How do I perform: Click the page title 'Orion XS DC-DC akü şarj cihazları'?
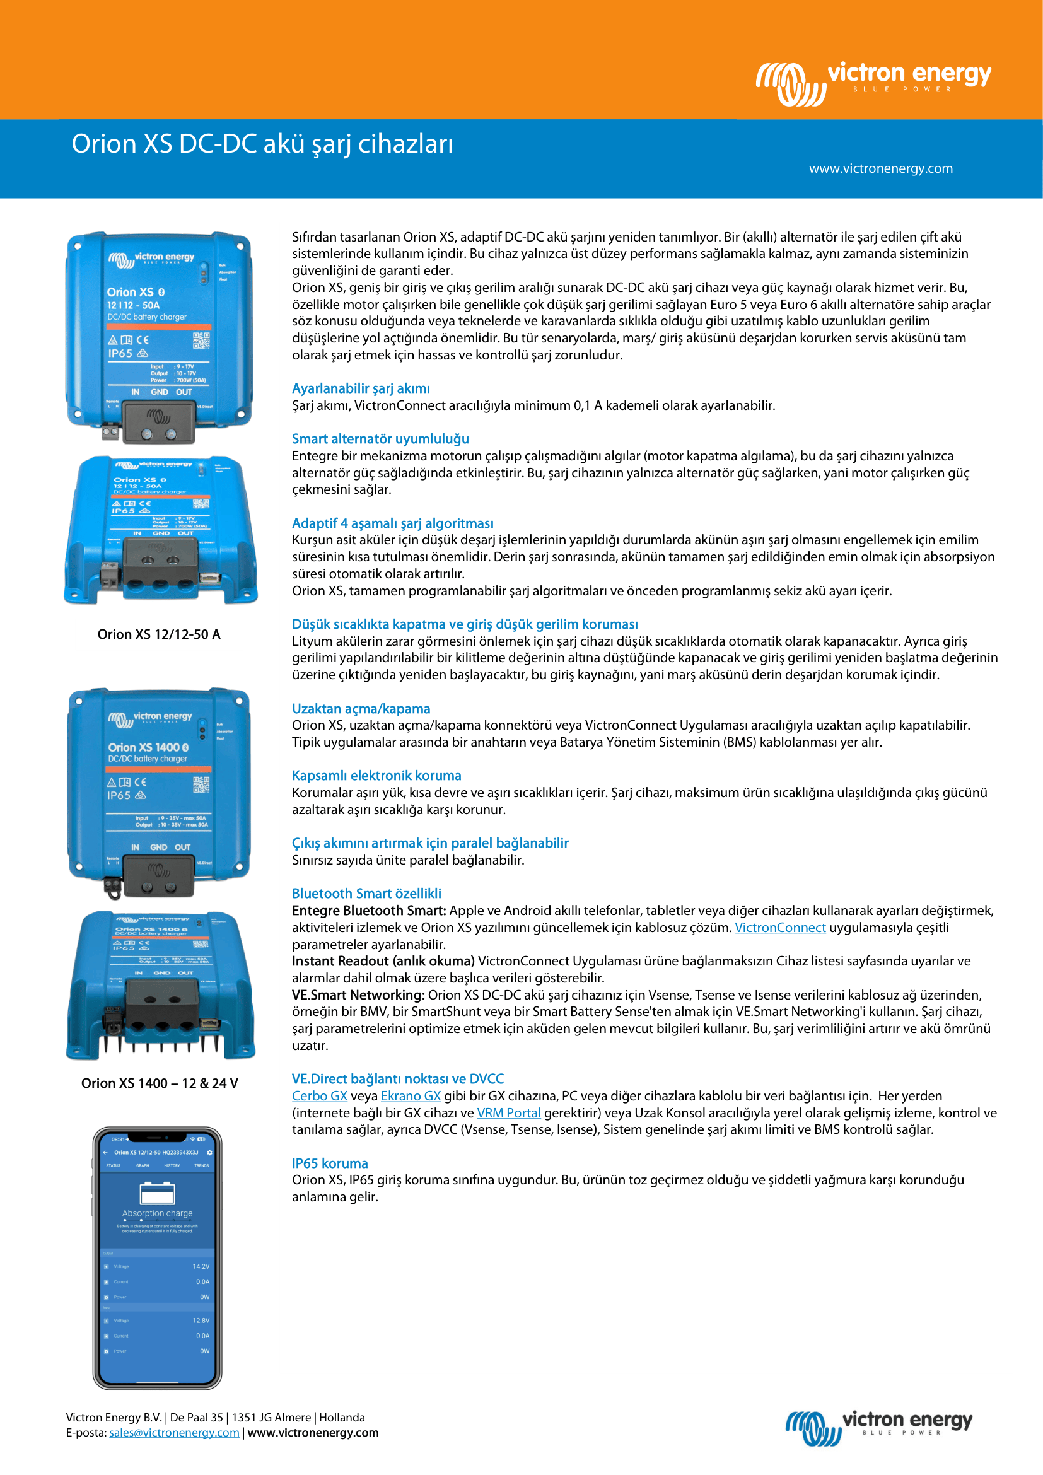pos(262,144)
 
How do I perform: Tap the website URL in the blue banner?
pos(880,168)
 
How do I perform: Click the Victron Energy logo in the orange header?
pos(873,82)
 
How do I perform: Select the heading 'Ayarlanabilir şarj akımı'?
pos(361,388)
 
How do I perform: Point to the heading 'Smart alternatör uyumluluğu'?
pos(380,439)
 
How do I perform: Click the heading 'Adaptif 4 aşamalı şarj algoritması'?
pos(392,523)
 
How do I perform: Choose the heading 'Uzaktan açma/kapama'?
pos(361,709)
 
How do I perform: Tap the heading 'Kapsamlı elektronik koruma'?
pos(376,776)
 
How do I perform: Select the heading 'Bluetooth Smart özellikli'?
pos(366,893)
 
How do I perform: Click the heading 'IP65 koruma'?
pos(329,1163)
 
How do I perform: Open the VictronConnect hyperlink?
pos(779,928)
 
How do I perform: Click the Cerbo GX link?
pos(319,1096)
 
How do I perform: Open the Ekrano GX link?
pos(411,1096)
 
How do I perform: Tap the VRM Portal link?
pos(508,1112)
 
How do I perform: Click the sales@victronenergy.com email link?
pos(174,1433)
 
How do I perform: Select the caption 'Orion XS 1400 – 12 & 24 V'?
pos(160,1083)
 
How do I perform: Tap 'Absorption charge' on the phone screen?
pos(158,1213)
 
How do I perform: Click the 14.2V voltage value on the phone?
pos(201,1266)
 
